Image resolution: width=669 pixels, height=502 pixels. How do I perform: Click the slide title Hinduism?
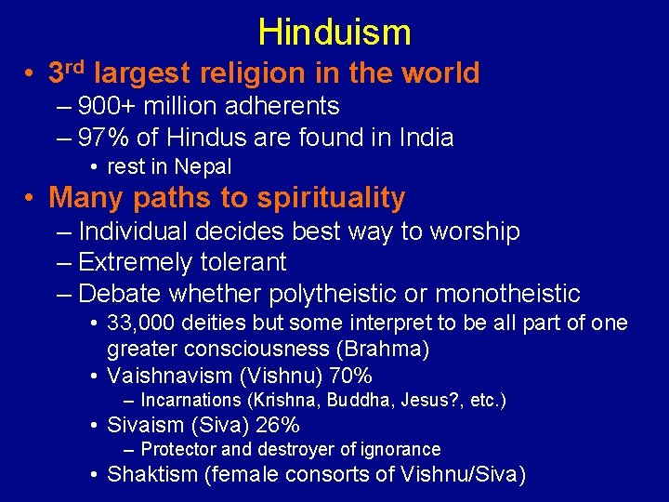point(334,33)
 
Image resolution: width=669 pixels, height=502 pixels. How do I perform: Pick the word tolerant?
point(243,263)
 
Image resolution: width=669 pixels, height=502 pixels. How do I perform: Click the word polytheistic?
point(347,295)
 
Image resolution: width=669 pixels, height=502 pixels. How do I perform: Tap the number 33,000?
point(141,324)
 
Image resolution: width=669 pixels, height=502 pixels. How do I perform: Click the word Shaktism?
point(152,475)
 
